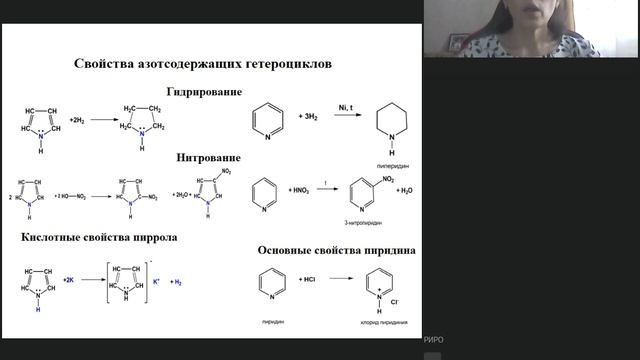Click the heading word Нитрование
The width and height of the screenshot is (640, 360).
[208, 158]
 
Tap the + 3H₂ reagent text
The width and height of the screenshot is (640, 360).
[309, 117]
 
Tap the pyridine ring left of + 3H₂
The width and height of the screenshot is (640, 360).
[264, 119]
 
